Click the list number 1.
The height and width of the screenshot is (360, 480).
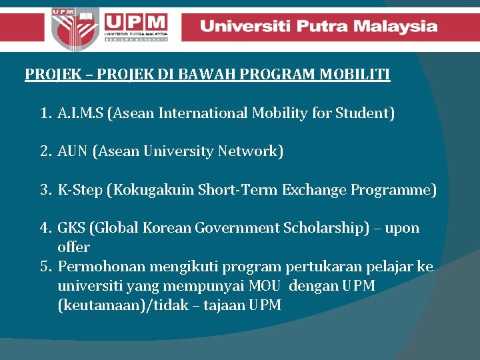(45, 114)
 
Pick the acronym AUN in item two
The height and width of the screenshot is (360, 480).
(73, 152)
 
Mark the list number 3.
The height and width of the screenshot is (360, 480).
(45, 191)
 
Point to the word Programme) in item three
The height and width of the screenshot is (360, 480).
(397, 191)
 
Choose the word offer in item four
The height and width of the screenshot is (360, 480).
(73, 247)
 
